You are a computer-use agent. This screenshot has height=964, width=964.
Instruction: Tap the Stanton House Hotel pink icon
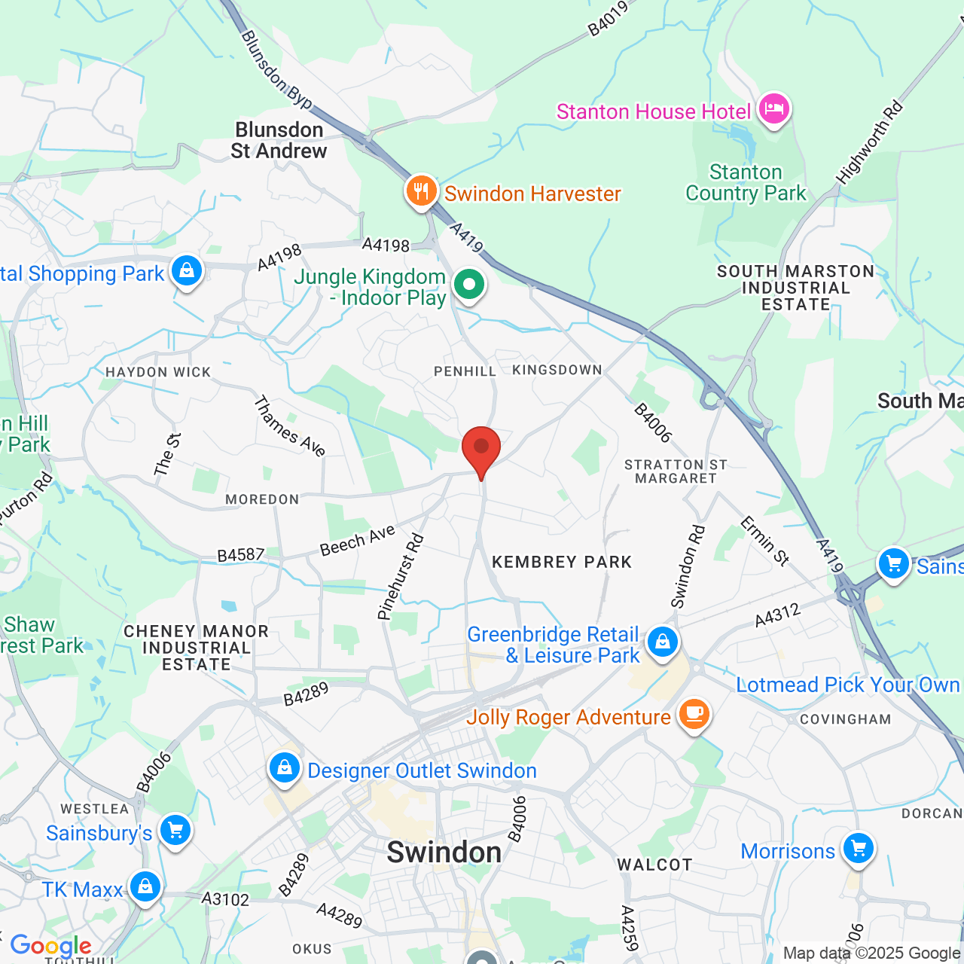(773, 110)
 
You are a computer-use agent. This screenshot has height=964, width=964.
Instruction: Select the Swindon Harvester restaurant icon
(421, 191)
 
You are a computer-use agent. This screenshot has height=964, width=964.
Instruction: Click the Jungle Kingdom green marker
(468, 285)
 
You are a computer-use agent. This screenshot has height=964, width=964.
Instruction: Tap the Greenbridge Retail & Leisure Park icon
(662, 642)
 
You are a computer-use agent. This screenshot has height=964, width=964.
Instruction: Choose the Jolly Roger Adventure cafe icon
(694, 715)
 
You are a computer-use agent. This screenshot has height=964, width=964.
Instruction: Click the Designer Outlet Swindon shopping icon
(284, 769)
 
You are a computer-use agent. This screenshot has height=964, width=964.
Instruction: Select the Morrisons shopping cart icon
(858, 849)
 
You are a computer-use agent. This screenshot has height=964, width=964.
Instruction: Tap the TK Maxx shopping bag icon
(145, 887)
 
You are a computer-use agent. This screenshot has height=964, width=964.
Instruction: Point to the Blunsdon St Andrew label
(279, 141)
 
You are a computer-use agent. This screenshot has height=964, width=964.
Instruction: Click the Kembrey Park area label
(562, 562)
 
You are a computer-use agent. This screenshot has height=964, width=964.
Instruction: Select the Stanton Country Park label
(746, 183)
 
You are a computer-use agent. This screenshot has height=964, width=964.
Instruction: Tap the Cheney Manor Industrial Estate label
(196, 648)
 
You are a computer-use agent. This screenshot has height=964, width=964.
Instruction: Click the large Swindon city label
(444, 853)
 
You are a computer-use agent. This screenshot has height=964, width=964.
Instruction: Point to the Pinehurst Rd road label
(401, 577)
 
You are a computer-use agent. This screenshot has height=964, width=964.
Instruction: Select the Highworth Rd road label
(869, 143)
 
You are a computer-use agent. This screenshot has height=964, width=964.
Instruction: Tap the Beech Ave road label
(358, 541)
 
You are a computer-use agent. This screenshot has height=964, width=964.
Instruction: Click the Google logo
(50, 946)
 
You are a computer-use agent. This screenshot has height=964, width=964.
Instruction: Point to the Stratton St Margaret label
(676, 471)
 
